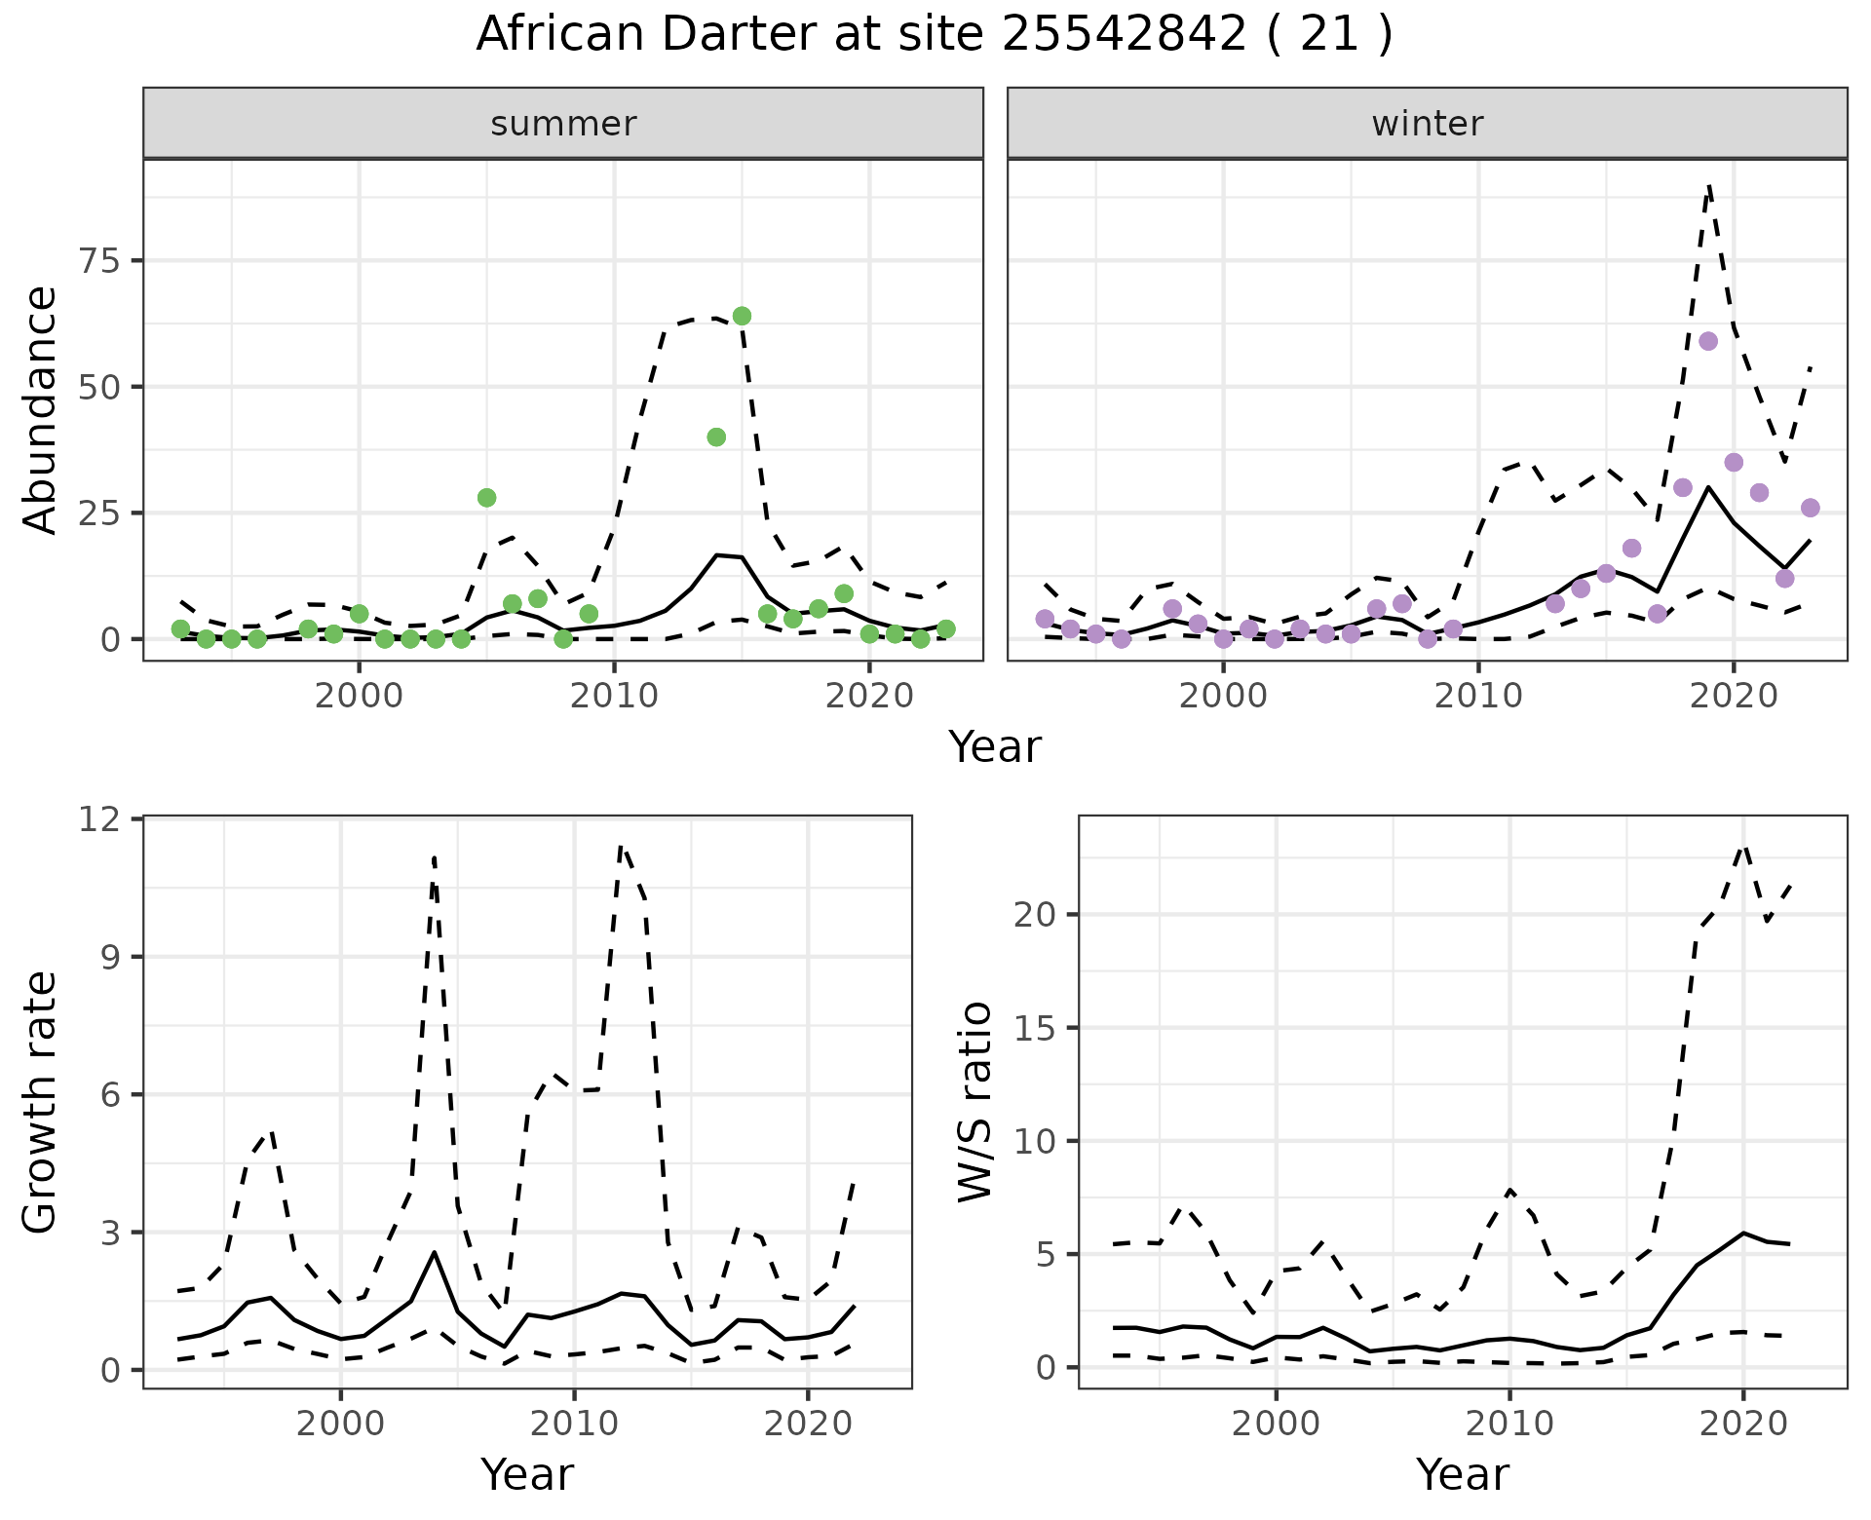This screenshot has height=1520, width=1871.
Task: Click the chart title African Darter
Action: pyautogui.click(x=934, y=35)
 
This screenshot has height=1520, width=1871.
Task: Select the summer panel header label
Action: pyautogui.click(x=563, y=124)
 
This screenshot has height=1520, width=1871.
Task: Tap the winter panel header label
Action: pyautogui.click(x=1427, y=124)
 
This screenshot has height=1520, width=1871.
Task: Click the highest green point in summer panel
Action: pyautogui.click(x=742, y=316)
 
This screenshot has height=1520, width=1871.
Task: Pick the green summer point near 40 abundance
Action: pyautogui.click(x=716, y=437)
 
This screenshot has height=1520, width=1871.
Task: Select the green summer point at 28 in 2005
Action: pyautogui.click(x=486, y=498)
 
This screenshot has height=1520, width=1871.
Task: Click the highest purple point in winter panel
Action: pyautogui.click(x=1707, y=341)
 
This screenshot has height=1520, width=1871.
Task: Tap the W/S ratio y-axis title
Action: pyautogui.click(x=974, y=1102)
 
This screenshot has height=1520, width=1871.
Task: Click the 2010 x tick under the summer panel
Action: pyautogui.click(x=614, y=697)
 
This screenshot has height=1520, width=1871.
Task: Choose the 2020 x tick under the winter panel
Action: pyautogui.click(x=1733, y=697)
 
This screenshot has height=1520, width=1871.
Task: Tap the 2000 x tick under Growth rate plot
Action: pyautogui.click(x=340, y=1424)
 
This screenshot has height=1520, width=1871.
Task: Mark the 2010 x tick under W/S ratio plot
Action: pyautogui.click(x=1509, y=1424)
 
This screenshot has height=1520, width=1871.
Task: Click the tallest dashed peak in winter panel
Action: pyautogui.click(x=1709, y=185)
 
